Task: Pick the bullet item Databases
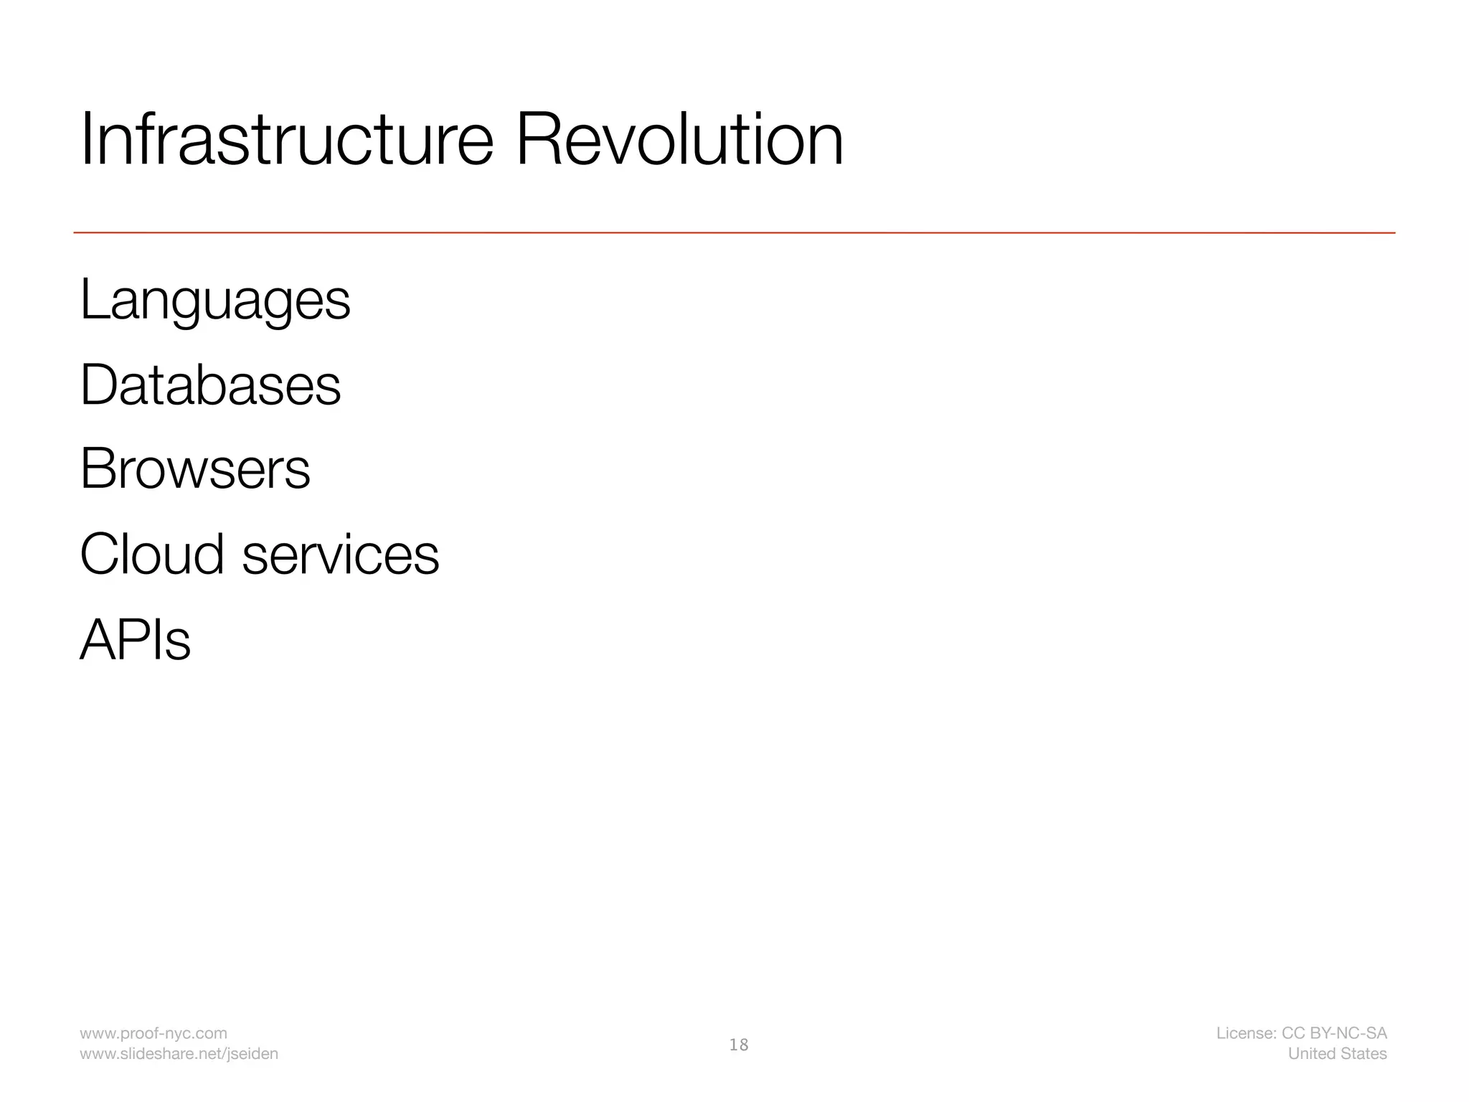(x=210, y=385)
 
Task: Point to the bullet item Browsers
(x=195, y=469)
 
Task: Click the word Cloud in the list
(x=152, y=554)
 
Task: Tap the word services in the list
(x=340, y=555)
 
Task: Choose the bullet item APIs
(x=135, y=639)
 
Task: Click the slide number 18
(x=738, y=1045)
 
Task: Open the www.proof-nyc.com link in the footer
(x=153, y=1033)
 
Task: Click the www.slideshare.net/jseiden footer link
(x=179, y=1054)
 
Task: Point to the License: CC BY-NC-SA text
(x=1301, y=1033)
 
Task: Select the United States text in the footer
(x=1337, y=1054)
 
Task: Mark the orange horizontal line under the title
(x=734, y=232)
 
